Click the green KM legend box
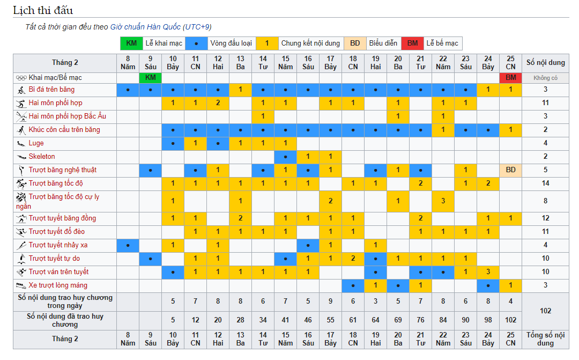point(131,43)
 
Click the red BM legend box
point(412,43)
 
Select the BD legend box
point(355,43)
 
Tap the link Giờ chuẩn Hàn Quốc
point(145,27)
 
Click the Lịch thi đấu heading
point(43,10)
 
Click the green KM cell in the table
point(150,78)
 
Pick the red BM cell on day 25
point(510,78)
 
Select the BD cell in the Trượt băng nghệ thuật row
point(510,170)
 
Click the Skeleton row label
point(42,157)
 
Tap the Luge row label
point(36,143)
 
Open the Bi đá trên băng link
point(51,90)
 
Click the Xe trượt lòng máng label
point(58,285)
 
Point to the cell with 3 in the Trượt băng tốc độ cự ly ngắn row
point(443,201)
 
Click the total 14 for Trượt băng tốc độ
point(545,183)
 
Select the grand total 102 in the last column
point(545,311)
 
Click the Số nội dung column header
point(545,62)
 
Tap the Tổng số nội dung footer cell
point(545,339)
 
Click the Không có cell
point(545,78)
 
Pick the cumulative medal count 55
point(330,320)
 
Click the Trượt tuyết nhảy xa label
point(58,245)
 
